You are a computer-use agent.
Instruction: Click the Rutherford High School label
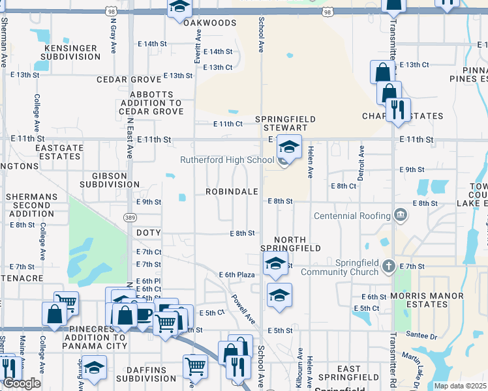(x=227, y=160)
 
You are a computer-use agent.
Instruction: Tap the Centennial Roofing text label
(x=352, y=216)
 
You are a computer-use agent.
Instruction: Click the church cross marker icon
(x=389, y=266)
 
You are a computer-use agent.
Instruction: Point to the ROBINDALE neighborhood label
(x=232, y=192)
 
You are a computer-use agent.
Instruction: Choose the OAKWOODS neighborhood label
(x=209, y=23)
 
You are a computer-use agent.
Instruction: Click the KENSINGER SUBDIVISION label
(x=71, y=52)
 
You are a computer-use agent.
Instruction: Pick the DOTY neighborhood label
(x=148, y=232)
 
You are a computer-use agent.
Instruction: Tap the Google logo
(x=22, y=383)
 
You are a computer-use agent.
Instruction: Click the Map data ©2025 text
(x=460, y=386)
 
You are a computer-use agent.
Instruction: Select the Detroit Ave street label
(x=360, y=159)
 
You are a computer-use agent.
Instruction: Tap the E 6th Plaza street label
(x=236, y=275)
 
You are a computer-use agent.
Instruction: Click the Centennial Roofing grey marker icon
(x=401, y=216)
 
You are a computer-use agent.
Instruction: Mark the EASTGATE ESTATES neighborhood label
(x=59, y=152)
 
